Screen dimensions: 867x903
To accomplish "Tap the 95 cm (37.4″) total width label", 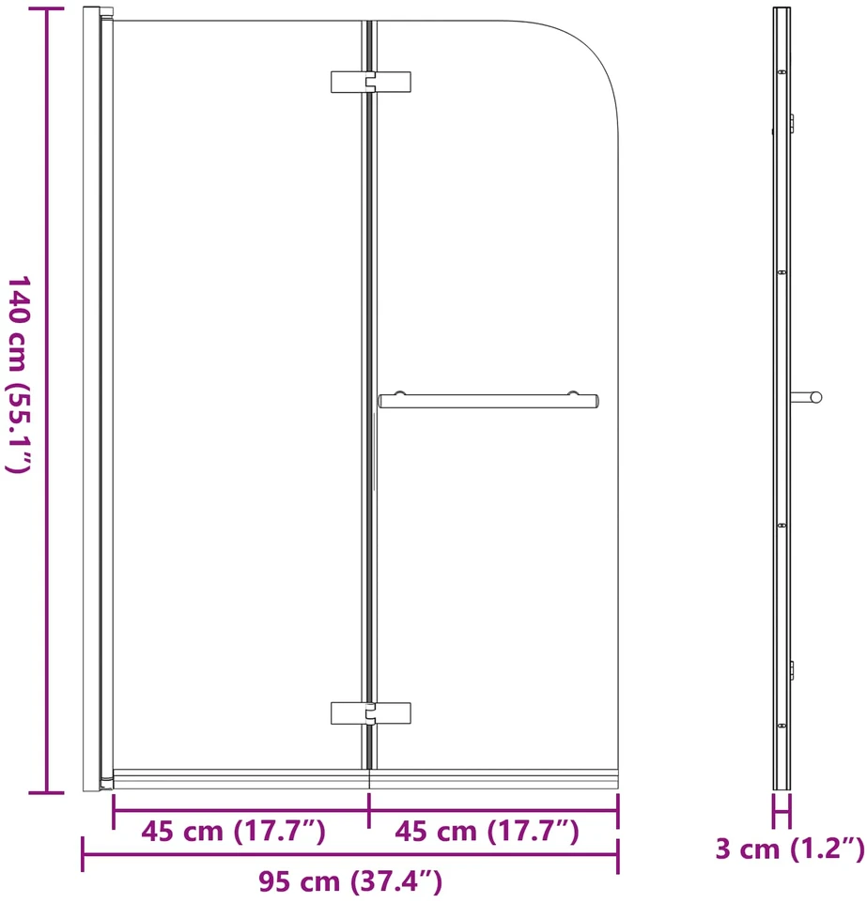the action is (x=350, y=881).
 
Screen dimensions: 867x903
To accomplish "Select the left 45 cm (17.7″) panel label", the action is (x=234, y=831).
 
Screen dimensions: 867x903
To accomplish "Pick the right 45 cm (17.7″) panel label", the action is (x=488, y=831).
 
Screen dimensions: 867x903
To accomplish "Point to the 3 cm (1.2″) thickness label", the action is (x=790, y=849).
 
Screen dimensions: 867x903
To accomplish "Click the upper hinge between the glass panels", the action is (x=371, y=82).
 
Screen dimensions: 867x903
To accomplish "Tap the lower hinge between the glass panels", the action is (x=371, y=713).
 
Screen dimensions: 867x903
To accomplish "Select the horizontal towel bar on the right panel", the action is (x=488, y=401).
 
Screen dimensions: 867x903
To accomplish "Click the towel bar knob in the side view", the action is (x=815, y=397).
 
